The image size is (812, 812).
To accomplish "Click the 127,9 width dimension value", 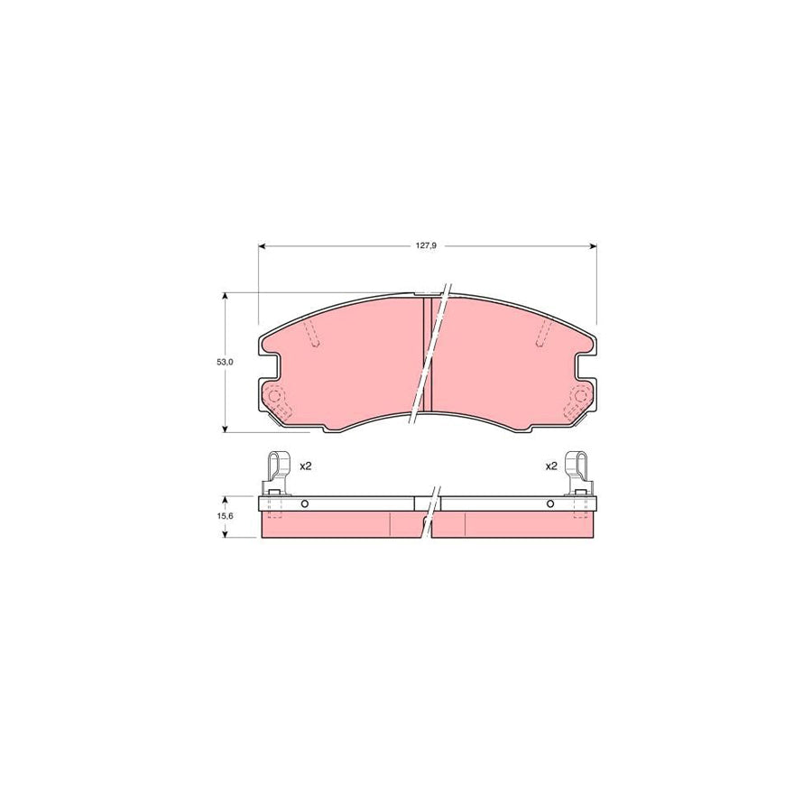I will click(x=427, y=245).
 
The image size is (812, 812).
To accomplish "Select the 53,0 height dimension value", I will click(x=225, y=361).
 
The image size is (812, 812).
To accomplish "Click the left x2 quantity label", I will click(x=305, y=466).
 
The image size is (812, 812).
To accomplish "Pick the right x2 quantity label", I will click(x=550, y=466).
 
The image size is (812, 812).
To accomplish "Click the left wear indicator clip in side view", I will click(x=277, y=471).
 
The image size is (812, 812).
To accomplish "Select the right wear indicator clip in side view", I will click(x=577, y=471).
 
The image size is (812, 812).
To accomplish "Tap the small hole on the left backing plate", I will click(x=305, y=503).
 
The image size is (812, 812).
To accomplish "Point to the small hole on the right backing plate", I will click(x=549, y=503).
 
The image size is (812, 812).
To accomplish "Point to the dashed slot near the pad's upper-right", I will click(x=543, y=333).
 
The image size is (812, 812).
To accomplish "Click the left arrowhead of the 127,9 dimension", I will click(x=263, y=245).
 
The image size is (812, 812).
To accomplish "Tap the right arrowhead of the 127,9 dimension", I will click(x=593, y=245).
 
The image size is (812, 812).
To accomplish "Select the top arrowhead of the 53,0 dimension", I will click(x=225, y=295).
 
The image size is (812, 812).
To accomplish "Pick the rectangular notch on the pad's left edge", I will click(x=269, y=365).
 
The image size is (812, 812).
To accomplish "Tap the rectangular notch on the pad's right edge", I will click(x=586, y=365).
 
